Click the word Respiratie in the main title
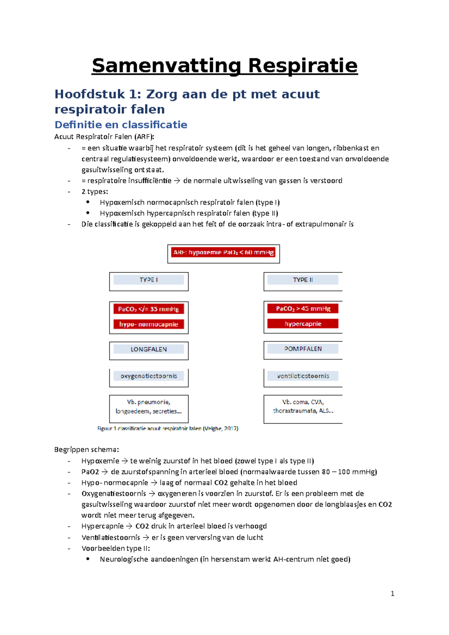tap(302, 66)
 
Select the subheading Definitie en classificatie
tap(121, 125)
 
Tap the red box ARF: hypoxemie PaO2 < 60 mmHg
tap(223, 252)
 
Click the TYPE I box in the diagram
tap(149, 280)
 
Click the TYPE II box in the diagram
tap(303, 280)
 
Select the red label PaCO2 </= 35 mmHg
tap(149, 309)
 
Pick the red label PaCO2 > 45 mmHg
tap(303, 309)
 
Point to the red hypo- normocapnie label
tap(149, 324)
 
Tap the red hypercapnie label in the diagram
tap(303, 324)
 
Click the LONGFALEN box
tap(149, 349)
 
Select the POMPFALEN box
tap(303, 349)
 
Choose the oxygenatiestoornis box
tap(149, 376)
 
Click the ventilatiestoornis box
tap(303, 376)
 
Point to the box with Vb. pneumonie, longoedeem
tap(149, 407)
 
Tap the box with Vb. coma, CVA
tap(303, 407)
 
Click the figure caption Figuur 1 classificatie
tap(168, 429)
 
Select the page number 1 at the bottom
tap(392, 593)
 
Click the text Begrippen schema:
tap(86, 450)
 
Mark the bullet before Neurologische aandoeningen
tap(88, 559)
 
